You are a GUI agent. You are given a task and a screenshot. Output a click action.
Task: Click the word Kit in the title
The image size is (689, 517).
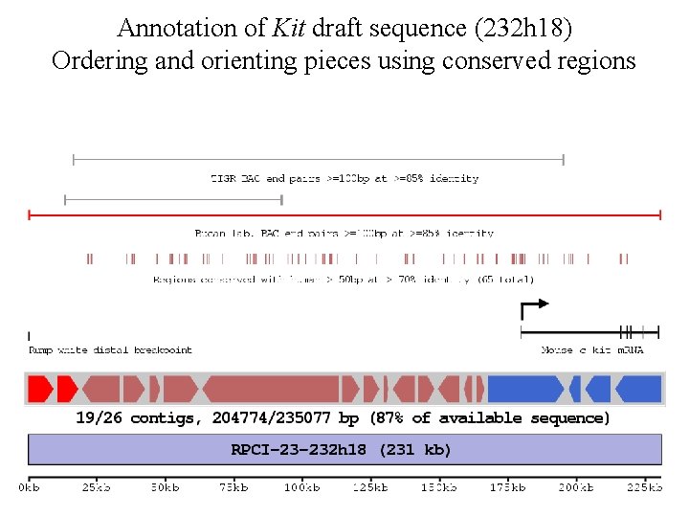[289, 28]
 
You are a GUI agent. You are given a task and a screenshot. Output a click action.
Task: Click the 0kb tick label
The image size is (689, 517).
[30, 488]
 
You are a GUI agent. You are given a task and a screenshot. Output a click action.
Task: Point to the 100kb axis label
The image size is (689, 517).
[301, 488]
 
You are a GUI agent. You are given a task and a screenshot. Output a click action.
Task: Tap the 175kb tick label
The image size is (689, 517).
[506, 488]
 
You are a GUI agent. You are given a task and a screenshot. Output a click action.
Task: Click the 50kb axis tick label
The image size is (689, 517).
[166, 488]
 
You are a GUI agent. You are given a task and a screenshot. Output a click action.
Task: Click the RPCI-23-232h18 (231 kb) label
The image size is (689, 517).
[342, 449]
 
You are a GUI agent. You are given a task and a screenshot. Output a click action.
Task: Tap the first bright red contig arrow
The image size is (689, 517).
[39, 389]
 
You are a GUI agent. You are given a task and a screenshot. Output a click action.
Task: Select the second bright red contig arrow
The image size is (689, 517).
[67, 389]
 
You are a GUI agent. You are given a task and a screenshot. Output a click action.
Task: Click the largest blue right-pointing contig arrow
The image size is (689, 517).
[525, 389]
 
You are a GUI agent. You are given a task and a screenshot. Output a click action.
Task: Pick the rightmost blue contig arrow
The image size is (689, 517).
[638, 389]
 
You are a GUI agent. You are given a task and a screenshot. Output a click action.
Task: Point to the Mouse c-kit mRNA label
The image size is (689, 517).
[592, 350]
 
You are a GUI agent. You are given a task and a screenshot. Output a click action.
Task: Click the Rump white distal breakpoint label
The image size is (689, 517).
[110, 350]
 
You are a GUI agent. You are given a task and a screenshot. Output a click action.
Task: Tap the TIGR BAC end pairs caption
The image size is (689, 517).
[344, 178]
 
